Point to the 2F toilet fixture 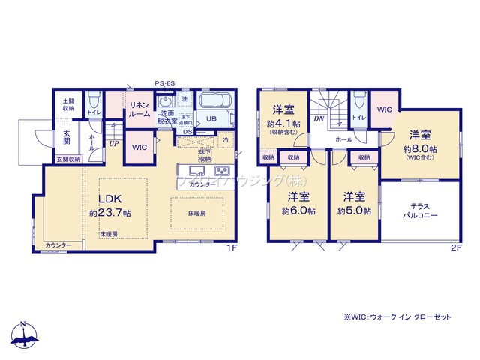(358, 101)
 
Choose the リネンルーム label (139, 109)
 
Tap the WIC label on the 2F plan (384, 109)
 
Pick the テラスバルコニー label (418, 210)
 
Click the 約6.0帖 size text (298, 211)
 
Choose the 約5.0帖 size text (353, 211)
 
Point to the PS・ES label (164, 83)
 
